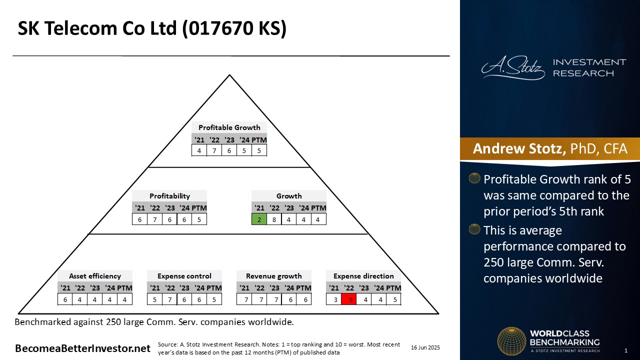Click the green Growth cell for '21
coord(259,219)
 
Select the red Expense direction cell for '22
coord(349,299)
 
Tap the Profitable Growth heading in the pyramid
coord(229,127)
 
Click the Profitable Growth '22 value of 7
coord(214,150)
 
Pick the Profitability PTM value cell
coord(199,219)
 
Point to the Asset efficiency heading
coord(95,276)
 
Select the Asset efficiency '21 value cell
coord(65,299)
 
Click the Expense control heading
coord(184,276)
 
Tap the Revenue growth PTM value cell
coord(303,299)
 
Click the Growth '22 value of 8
coord(274,219)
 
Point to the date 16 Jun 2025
coord(425,347)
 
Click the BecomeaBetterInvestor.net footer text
coord(82,348)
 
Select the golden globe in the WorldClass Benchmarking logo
coord(511,341)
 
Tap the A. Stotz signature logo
coord(513,68)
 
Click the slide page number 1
coord(626,350)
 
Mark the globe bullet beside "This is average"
coord(474,229)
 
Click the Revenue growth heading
coord(273,276)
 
